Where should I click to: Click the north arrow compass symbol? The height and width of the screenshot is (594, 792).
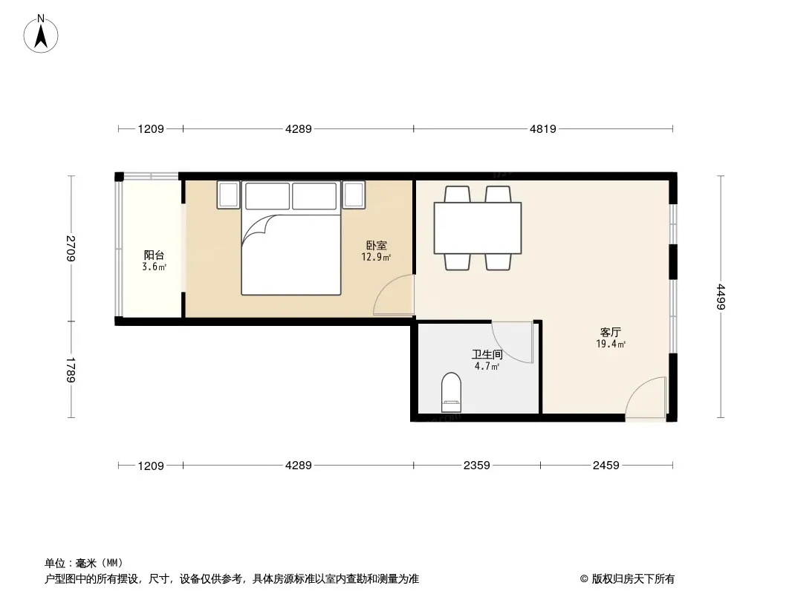click(41, 33)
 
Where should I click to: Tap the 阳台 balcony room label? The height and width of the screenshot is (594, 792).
click(154, 255)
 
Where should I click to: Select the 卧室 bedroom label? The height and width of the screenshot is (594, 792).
click(376, 245)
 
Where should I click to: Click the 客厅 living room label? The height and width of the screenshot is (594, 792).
click(610, 332)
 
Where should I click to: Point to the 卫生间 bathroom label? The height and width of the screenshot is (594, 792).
click(487, 354)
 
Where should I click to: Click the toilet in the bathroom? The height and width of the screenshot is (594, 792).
click(451, 393)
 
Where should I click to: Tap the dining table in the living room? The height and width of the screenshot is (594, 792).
click(478, 228)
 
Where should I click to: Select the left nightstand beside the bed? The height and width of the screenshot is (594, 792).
click(228, 195)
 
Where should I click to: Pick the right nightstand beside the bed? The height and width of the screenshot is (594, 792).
click(354, 195)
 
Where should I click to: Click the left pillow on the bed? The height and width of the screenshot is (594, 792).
click(267, 196)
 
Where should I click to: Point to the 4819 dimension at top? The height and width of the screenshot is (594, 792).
click(543, 128)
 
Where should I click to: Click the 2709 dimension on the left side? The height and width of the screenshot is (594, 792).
click(71, 248)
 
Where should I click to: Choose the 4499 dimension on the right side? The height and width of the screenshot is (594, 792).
click(721, 297)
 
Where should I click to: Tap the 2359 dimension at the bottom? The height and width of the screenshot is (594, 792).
click(477, 466)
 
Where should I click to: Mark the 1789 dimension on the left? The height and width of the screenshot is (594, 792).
click(71, 370)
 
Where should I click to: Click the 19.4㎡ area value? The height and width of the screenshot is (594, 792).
click(611, 345)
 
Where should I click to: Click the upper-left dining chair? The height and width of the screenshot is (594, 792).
click(458, 195)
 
